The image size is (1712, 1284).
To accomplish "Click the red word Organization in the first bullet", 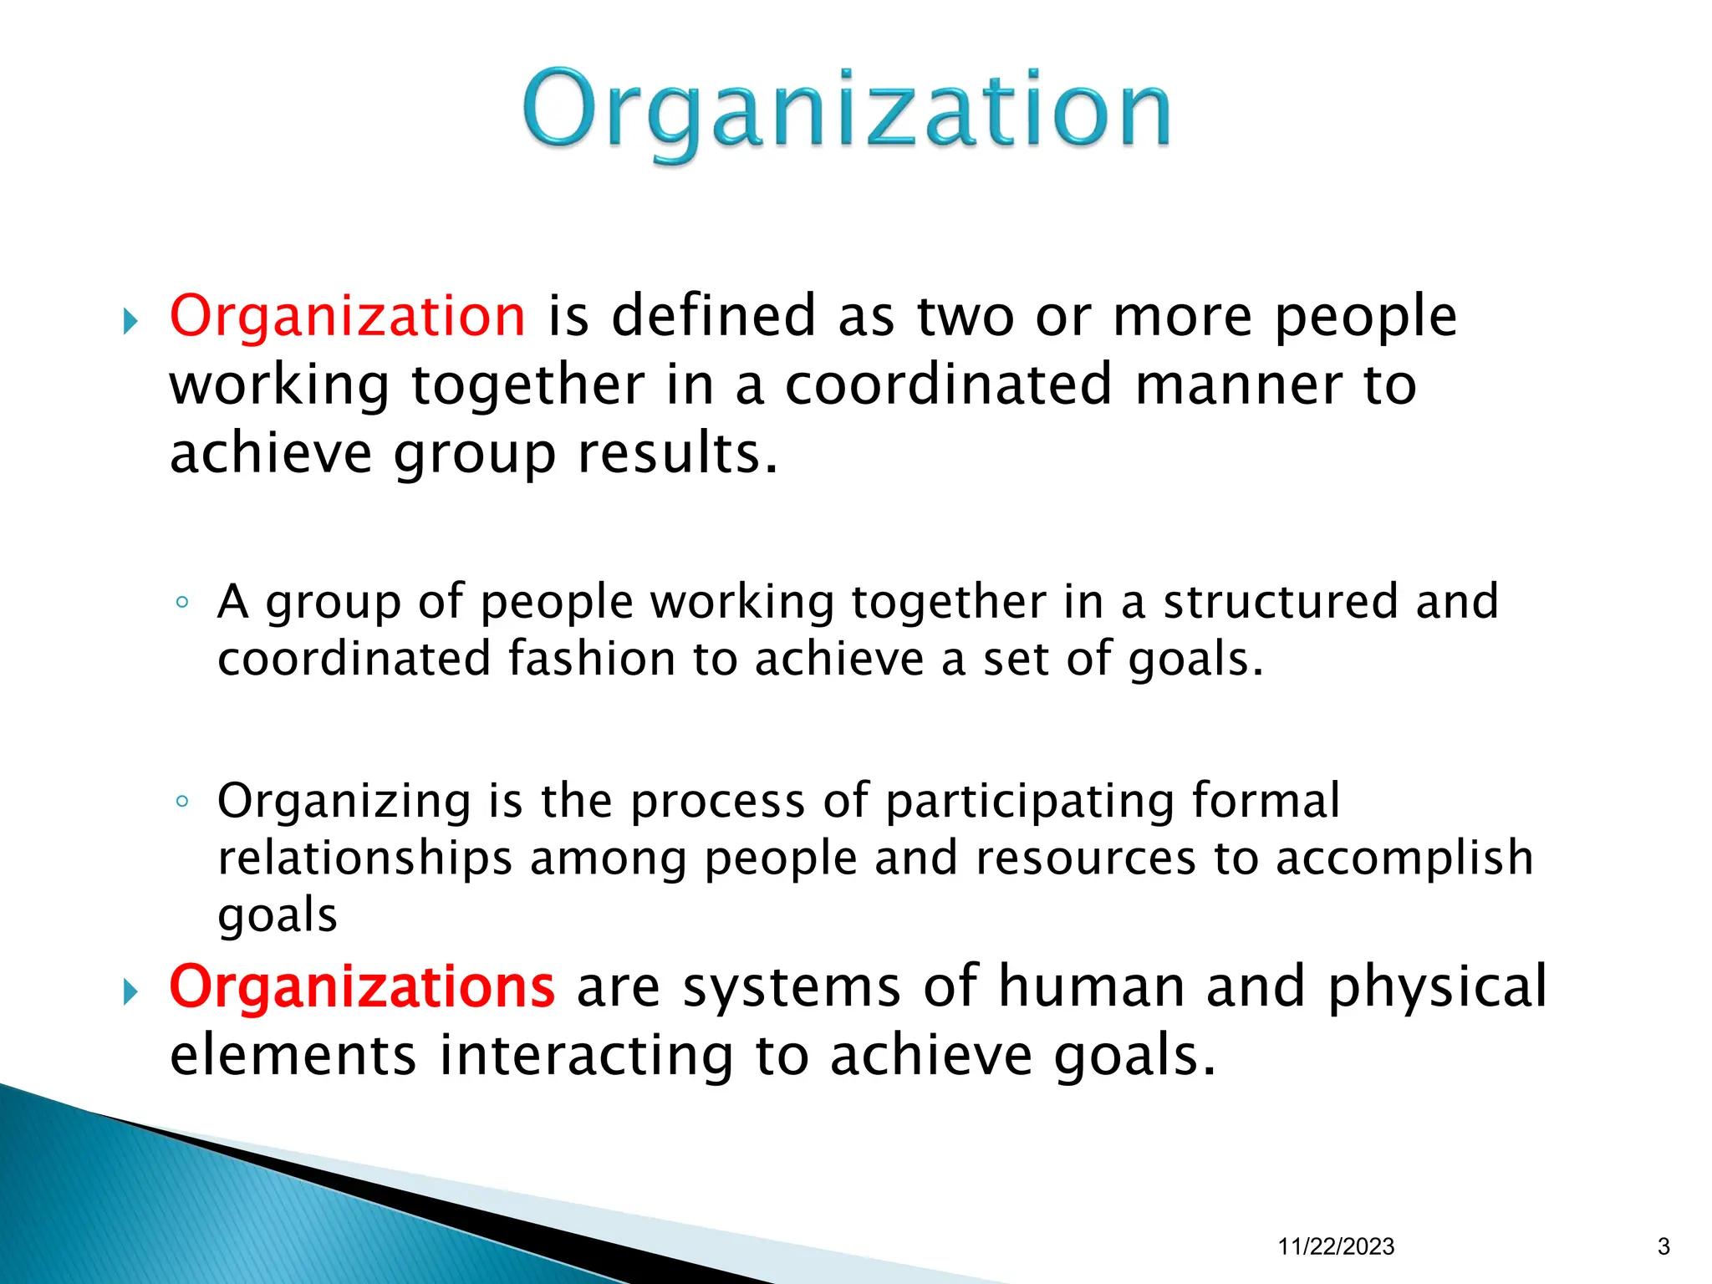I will (x=348, y=316).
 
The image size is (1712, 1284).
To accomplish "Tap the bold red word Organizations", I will (x=362, y=986).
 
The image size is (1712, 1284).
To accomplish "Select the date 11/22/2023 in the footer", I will (x=1336, y=1246).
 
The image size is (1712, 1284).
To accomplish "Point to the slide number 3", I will (x=1663, y=1246).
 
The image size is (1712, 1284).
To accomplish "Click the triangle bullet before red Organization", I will (x=130, y=321).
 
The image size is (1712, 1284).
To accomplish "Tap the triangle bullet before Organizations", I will (x=130, y=992).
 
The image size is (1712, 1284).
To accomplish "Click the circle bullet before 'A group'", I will (x=182, y=603).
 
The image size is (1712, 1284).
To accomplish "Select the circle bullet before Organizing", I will (x=182, y=802).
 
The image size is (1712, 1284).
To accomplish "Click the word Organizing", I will (x=344, y=802).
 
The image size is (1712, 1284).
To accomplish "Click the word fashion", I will (x=593, y=659).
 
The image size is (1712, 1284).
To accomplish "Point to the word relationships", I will (x=364, y=859).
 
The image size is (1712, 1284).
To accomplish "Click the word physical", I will (x=1437, y=988).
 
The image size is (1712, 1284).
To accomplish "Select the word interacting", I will (x=586, y=1055).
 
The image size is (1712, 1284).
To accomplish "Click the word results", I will (x=677, y=453).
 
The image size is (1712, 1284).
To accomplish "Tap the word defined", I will (x=713, y=316).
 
